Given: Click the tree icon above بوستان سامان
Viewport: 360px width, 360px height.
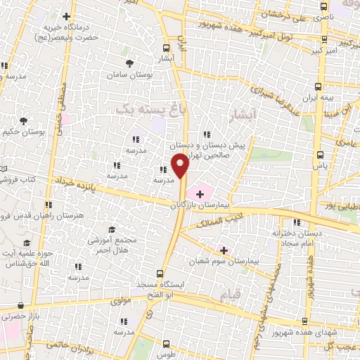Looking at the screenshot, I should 129,63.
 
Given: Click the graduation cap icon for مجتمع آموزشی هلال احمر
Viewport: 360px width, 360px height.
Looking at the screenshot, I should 111,230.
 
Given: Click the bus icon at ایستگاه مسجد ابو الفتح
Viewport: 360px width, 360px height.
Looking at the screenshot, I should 161,272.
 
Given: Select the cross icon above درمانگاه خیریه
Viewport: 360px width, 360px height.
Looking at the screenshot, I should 67,16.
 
